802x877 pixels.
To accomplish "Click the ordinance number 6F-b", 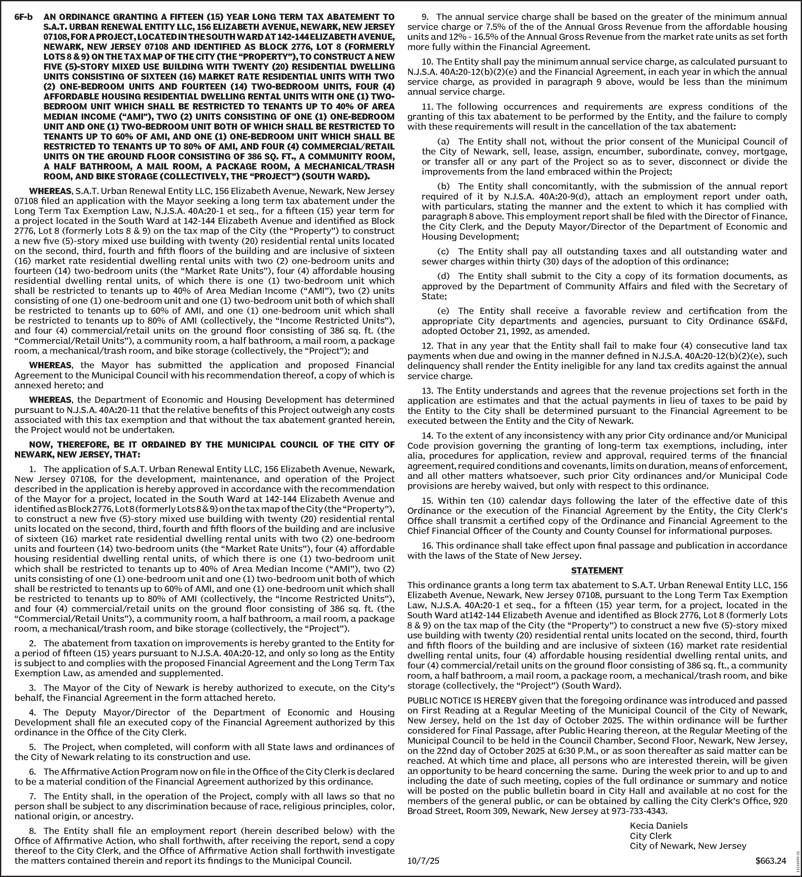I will pyautogui.click(x=23, y=17).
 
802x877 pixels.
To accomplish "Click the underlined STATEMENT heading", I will pyautogui.click(x=597, y=570).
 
